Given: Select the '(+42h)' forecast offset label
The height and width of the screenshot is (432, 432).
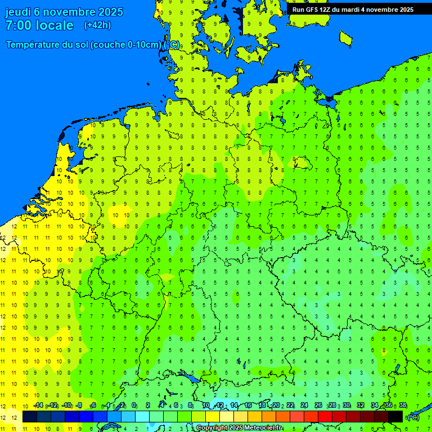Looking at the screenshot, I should click(97, 25).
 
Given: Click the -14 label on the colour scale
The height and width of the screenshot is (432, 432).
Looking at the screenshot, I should click(38, 406).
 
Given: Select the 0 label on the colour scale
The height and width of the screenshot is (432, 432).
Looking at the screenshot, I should click(134, 406).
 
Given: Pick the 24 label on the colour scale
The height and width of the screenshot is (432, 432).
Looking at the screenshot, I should click(304, 406).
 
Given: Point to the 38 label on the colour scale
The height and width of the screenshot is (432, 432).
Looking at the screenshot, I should click(403, 406).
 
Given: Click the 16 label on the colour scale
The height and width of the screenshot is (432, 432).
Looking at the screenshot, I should click(248, 406).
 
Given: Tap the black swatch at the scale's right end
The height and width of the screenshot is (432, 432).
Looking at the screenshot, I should click(395, 416).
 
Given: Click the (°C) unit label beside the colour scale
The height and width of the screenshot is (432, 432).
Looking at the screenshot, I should click(413, 417).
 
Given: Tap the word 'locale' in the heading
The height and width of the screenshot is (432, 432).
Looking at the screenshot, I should click(53, 25).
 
